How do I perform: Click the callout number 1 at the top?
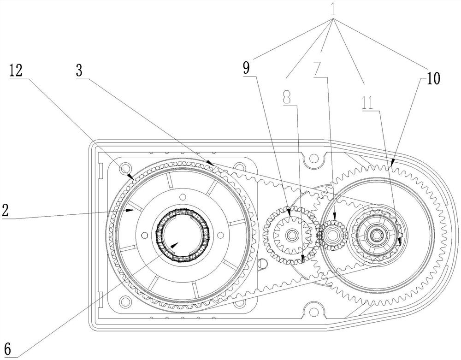pos(332,9)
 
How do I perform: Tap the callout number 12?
pos(16,71)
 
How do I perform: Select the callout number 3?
pos(79,71)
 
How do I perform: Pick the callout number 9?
pos(246,68)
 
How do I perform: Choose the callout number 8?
pos(287,97)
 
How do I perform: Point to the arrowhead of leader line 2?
pos(129,210)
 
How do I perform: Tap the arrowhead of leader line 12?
pos(130,177)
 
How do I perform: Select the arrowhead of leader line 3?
pos(210,162)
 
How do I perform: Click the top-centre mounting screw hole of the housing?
pos(314,159)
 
